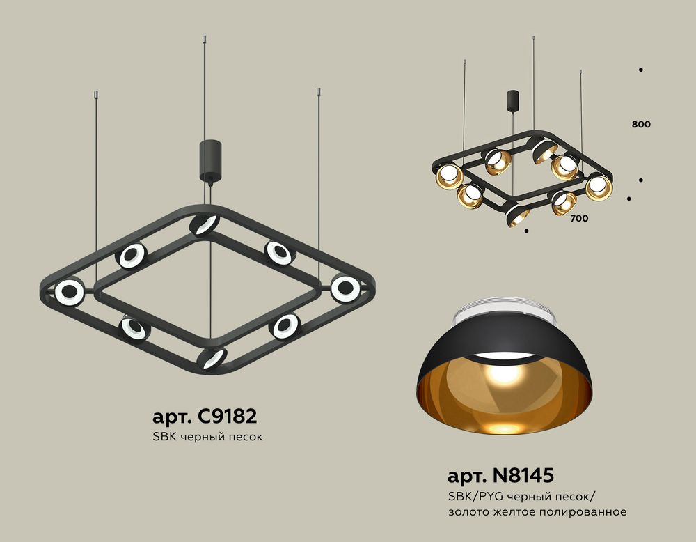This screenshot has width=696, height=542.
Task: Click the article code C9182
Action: (x=227, y=417)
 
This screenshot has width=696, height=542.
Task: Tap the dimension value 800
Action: (x=641, y=125)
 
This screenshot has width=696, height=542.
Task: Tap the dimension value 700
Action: (x=578, y=219)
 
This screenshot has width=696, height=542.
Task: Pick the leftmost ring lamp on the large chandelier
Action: (x=70, y=293)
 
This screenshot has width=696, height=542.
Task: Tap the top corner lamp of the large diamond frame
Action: (x=204, y=225)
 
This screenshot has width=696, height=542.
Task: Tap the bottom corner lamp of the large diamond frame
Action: (x=211, y=359)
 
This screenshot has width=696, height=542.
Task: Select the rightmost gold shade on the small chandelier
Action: (x=598, y=186)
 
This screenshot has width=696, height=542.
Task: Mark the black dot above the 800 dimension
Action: (x=640, y=70)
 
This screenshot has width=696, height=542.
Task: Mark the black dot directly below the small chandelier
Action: (x=527, y=230)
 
